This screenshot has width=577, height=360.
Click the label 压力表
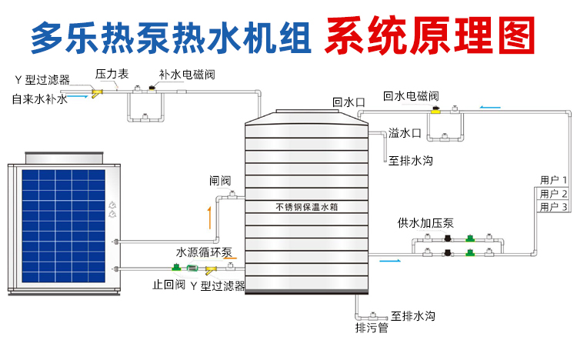tap(112, 75)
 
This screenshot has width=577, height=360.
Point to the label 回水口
tap(348, 101)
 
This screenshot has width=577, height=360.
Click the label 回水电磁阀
tap(411, 97)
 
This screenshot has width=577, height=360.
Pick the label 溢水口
tap(405, 133)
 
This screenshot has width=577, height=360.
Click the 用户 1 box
tap(553, 180)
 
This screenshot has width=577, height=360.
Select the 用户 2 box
tap(553, 193)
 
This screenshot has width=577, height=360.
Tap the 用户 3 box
tap(553, 206)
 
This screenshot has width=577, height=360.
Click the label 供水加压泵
tap(425, 223)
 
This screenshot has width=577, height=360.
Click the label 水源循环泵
tap(204, 252)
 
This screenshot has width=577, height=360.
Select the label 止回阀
tap(168, 285)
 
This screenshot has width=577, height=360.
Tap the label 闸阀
tap(219, 182)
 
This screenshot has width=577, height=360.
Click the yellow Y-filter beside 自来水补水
tap(96, 94)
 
